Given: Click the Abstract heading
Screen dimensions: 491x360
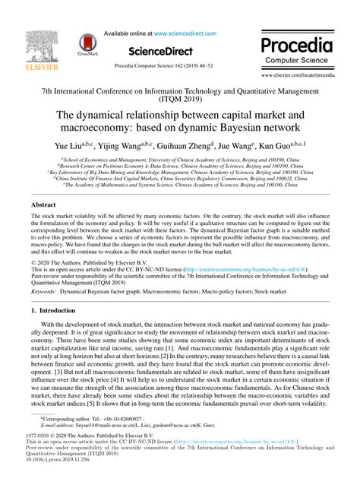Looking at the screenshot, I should [x=42, y=205].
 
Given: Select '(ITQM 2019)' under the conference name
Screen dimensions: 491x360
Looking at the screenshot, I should [x=179, y=97].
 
